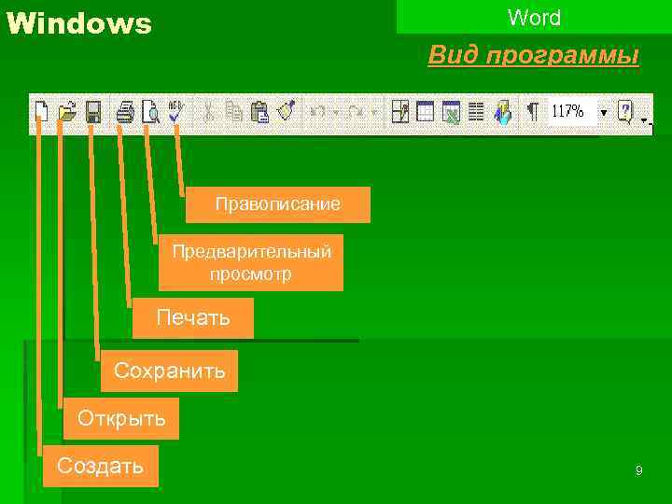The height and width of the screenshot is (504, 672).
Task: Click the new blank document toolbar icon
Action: (41, 112)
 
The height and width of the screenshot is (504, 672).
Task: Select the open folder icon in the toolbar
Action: (66, 112)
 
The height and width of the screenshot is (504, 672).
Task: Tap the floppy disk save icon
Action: (92, 112)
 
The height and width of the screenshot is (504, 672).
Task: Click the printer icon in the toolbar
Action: (125, 112)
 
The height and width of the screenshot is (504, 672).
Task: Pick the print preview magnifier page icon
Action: (150, 112)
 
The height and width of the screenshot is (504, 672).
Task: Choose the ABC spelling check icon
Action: (175, 112)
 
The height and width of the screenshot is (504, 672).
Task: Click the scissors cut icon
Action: (208, 112)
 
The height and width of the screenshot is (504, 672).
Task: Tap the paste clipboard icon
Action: (260, 112)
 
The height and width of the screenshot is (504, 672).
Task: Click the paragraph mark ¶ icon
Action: (532, 112)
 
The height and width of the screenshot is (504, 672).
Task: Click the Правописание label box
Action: (277, 204)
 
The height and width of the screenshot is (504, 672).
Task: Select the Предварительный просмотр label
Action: (250, 262)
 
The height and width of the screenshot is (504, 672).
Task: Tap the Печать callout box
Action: (192, 317)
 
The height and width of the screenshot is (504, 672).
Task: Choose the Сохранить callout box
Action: (169, 371)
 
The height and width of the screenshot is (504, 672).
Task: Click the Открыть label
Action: (121, 418)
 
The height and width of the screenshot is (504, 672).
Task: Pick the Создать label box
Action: (100, 466)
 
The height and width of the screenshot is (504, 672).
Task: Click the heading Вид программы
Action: (533, 56)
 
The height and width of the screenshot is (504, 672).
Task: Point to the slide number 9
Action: (638, 471)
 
